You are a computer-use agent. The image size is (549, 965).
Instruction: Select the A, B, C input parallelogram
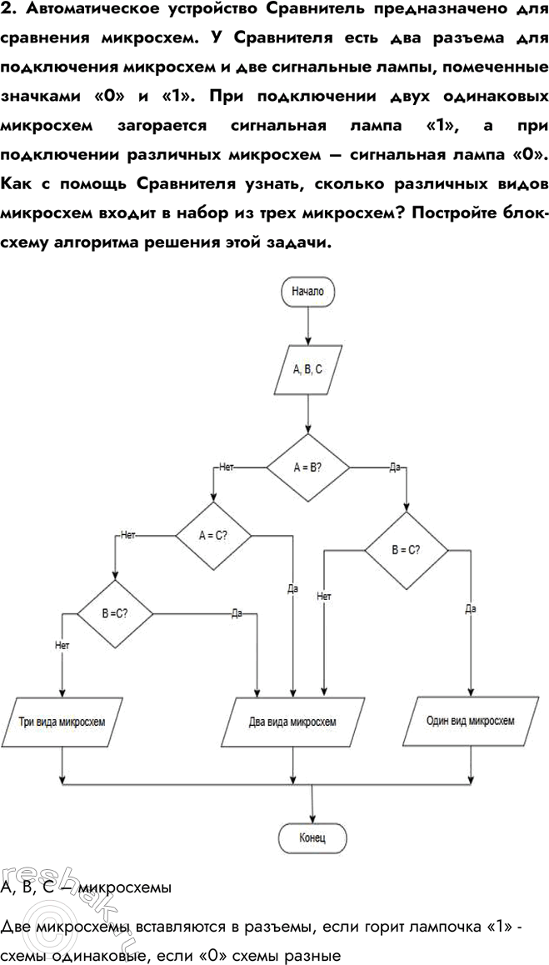click(x=308, y=369)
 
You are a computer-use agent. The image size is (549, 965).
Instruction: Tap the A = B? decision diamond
click(x=308, y=467)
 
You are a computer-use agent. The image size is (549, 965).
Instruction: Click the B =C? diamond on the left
click(x=115, y=613)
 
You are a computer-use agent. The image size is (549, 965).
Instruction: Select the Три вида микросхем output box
click(x=62, y=721)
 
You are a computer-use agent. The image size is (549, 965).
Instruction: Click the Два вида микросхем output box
click(x=293, y=721)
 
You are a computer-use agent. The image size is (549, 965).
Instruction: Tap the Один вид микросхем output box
click(x=470, y=721)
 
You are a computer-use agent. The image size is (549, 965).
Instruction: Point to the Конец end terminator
click(x=312, y=836)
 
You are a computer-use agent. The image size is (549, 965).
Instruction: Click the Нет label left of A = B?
click(x=225, y=467)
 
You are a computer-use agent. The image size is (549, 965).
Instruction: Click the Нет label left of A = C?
click(x=128, y=536)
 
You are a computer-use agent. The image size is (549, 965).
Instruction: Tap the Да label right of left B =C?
click(x=237, y=613)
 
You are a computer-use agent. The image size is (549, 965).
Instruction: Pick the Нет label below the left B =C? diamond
click(x=62, y=644)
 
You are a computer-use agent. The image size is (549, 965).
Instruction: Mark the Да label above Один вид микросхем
click(x=471, y=609)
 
